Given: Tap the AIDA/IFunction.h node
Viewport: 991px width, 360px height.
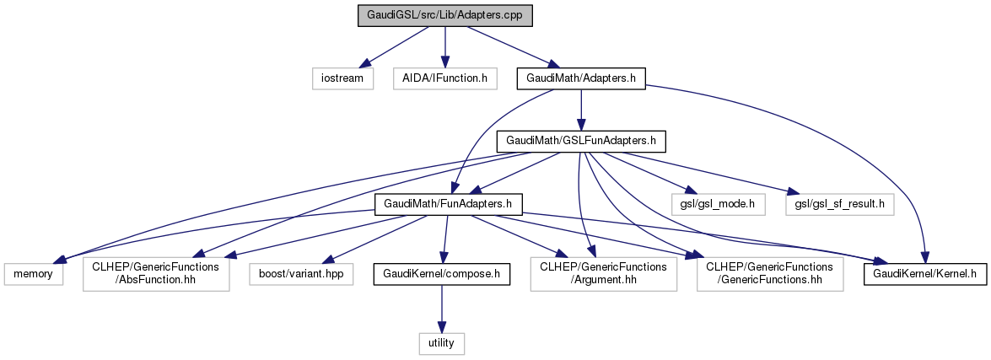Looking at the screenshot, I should (x=444, y=78).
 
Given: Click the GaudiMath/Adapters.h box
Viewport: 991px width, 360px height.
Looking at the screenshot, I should (x=581, y=78).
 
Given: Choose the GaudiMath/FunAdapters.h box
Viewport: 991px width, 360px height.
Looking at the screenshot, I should (x=449, y=203).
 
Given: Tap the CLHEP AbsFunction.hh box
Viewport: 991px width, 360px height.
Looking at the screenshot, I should (x=156, y=274).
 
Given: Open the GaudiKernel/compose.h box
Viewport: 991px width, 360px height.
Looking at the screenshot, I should (x=442, y=274).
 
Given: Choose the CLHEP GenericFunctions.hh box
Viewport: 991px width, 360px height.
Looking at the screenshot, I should (x=770, y=274).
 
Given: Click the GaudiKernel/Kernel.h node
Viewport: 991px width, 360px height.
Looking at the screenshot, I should (x=924, y=274).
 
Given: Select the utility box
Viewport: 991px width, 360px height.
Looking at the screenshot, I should (x=442, y=343).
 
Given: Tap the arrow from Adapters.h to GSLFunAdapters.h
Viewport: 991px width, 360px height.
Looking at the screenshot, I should (x=581, y=110).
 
